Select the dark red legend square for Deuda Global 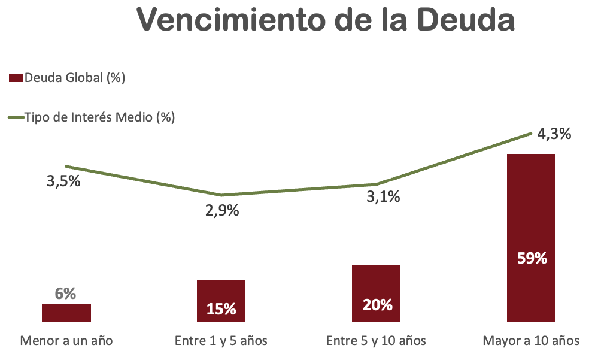(x=16, y=78)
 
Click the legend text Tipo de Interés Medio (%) (x=100, y=117)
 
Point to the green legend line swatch (x=16, y=117)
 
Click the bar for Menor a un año (x=66, y=313)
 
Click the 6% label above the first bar (x=65, y=294)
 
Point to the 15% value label (x=221, y=309)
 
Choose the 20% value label (x=377, y=305)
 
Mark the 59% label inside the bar (x=532, y=259)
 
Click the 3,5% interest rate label (x=63, y=181)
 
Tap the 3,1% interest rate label (x=383, y=197)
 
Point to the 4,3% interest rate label (x=554, y=134)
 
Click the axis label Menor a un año (x=66, y=341)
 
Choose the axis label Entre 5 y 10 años (x=376, y=341)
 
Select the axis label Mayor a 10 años (x=531, y=341)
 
